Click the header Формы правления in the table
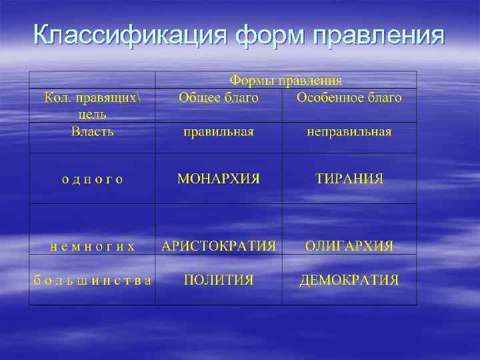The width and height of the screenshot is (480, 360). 286,81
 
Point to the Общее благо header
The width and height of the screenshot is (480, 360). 219,98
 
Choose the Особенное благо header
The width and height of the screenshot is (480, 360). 349,98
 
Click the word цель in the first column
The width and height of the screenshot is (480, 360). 92,114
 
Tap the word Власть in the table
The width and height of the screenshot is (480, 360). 92,131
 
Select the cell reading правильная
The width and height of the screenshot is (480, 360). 219,132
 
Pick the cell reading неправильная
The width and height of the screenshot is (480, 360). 349,132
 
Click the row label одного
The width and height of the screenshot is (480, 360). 92,179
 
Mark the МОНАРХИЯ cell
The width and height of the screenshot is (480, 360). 219,179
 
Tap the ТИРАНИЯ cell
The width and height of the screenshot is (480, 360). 349,179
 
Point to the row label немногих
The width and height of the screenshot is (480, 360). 93,246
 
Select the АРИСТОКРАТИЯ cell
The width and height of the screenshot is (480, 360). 219,245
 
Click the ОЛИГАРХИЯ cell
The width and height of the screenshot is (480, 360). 349,245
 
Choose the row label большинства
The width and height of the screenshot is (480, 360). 93,280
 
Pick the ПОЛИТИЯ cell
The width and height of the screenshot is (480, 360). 219,280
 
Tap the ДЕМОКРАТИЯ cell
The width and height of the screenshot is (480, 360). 349,280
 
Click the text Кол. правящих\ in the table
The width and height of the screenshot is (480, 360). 93,98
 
